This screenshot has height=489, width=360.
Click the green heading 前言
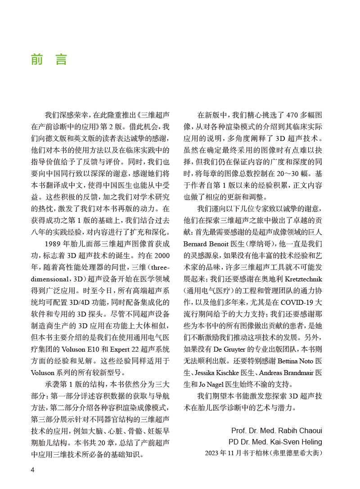[49, 59]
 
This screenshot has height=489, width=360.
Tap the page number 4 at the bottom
[32, 470]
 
